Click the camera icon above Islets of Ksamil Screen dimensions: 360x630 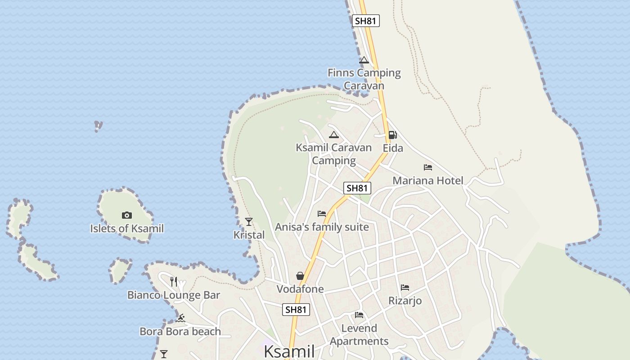(x=127, y=216)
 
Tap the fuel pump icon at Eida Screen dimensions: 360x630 (x=392, y=135)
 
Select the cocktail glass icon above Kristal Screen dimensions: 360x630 (x=248, y=221)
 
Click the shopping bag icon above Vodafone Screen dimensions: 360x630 (x=300, y=276)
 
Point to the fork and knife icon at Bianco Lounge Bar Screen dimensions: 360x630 (x=174, y=282)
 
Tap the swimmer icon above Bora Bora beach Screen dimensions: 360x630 (x=180, y=319)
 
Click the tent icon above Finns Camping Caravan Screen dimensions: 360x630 (x=364, y=60)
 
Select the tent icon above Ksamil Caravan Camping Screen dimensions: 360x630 (x=333, y=135)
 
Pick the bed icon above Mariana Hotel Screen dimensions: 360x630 (x=428, y=167)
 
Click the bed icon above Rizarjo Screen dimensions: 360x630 (x=405, y=287)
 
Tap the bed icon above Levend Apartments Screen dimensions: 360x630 (x=359, y=315)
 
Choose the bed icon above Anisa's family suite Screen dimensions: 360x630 (x=322, y=214)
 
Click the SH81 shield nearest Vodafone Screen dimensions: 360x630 (x=296, y=310)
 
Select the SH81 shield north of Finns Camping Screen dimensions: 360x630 (x=365, y=21)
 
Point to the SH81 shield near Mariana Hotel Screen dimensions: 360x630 (x=357, y=188)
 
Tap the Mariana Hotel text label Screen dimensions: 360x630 (x=428, y=181)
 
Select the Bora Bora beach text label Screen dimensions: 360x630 (x=180, y=332)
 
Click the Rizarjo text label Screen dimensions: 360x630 (x=405, y=301)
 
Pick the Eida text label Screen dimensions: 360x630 (x=393, y=148)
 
